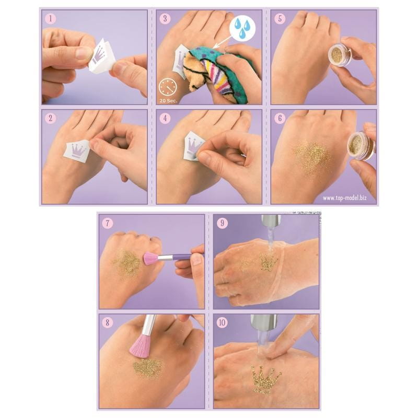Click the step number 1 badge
(x=50, y=19)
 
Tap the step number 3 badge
(x=165, y=19)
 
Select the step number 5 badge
(x=280, y=19)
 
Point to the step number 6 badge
(x=280, y=118)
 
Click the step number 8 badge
(x=108, y=322)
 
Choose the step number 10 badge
(x=222, y=322)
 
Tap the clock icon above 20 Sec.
(x=168, y=88)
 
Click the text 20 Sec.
(x=168, y=101)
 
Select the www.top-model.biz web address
(x=345, y=198)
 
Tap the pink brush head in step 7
(x=150, y=259)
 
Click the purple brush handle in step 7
(x=181, y=257)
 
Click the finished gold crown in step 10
(x=266, y=379)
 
